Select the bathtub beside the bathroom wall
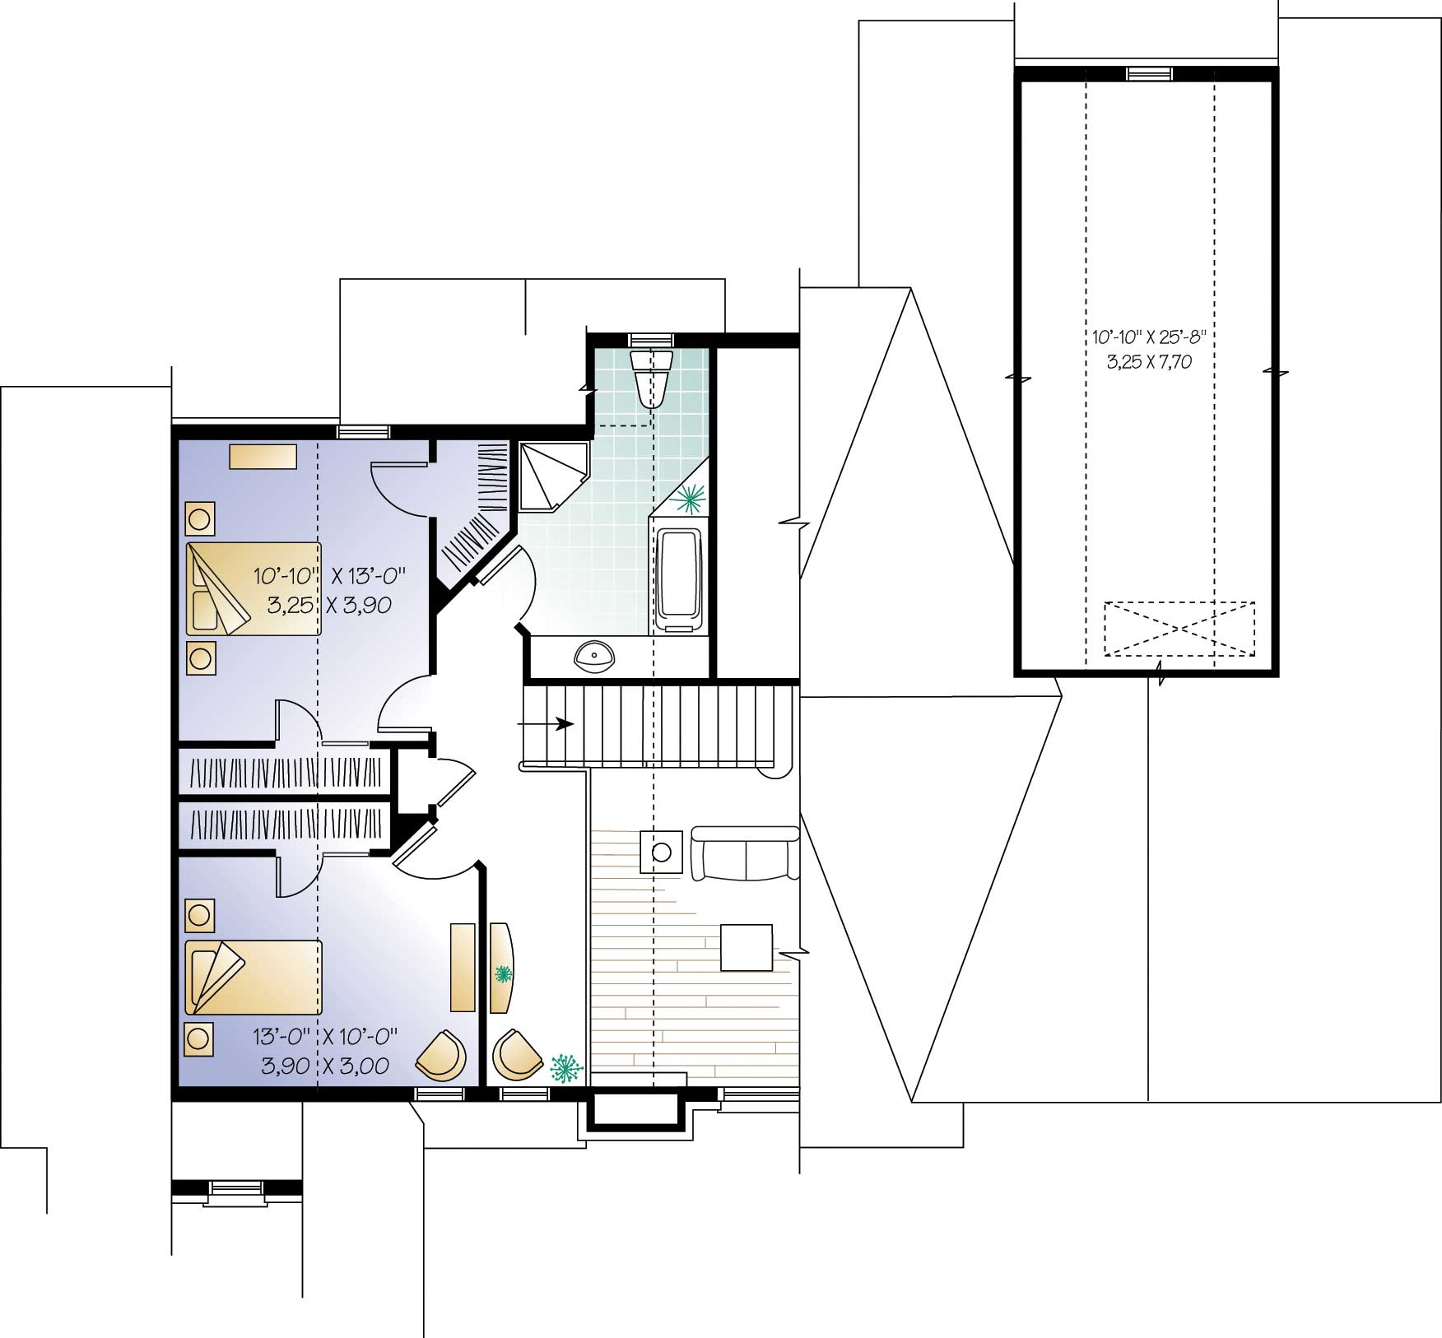pyautogui.click(x=679, y=581)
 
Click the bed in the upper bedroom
pyautogui.click(x=254, y=588)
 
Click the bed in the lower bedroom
pyautogui.click(x=254, y=978)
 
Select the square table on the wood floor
pyautogui.click(x=747, y=948)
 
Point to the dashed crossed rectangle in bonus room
pyautogui.click(x=1179, y=629)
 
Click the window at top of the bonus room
pyautogui.click(x=1150, y=74)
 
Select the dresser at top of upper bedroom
pyautogui.click(x=263, y=457)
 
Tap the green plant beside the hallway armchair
pyautogui.click(x=565, y=1067)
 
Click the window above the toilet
pyautogui.click(x=650, y=339)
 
